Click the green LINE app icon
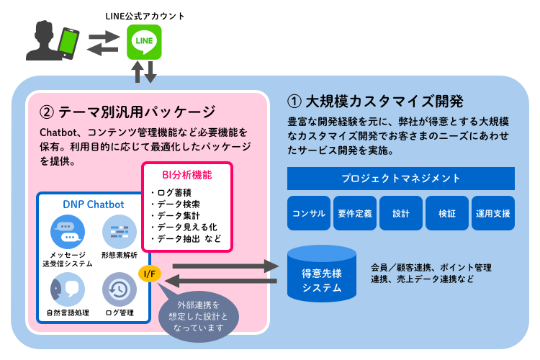point(143,42)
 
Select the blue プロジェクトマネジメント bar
point(401,179)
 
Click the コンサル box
point(309,213)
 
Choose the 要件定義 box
point(355,213)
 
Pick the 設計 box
point(401,213)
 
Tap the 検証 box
point(447,213)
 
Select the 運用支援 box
point(493,213)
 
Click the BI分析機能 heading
point(186,174)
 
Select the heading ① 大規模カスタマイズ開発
point(374,100)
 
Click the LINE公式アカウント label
point(144,15)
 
